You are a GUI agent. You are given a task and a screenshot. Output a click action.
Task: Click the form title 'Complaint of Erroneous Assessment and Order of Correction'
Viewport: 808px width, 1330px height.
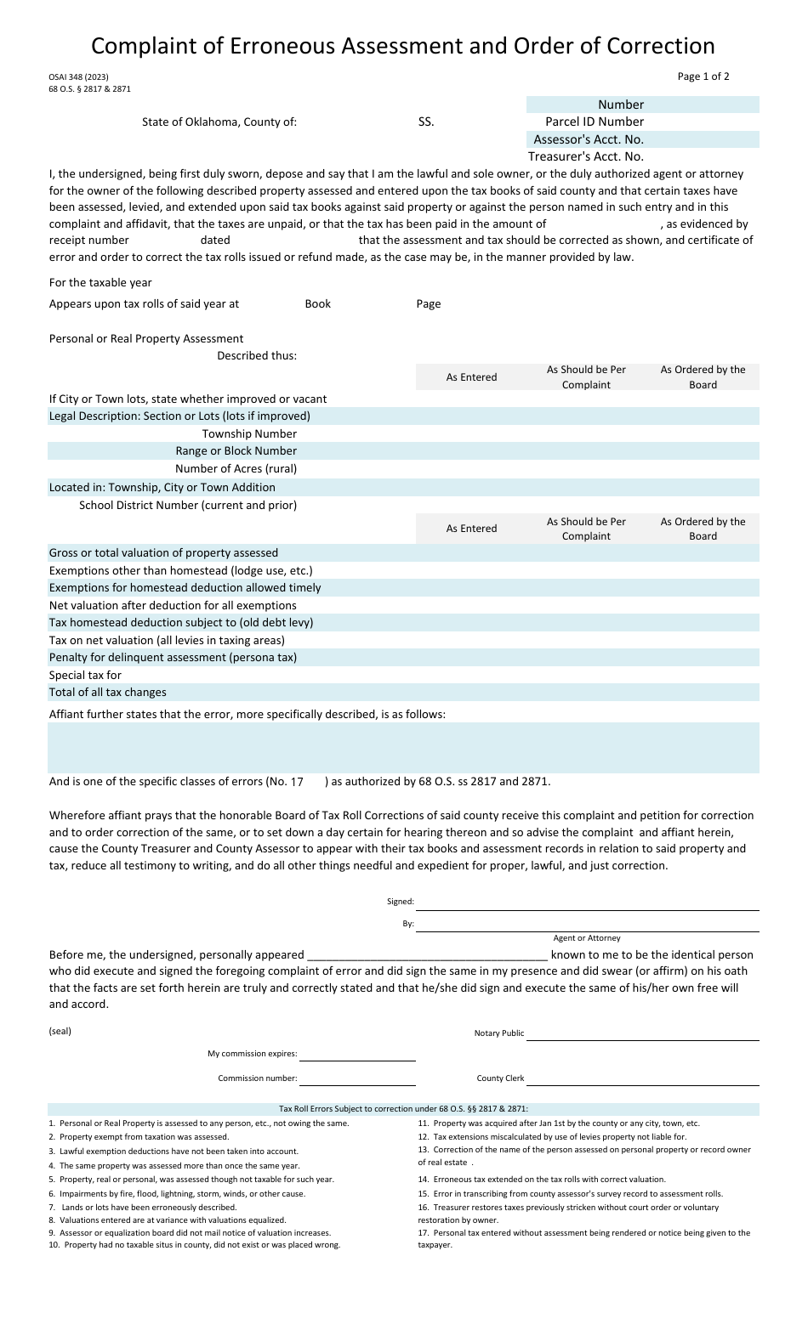[x=403, y=45]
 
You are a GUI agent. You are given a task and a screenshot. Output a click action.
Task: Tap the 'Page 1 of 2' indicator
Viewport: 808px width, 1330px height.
[x=703, y=76]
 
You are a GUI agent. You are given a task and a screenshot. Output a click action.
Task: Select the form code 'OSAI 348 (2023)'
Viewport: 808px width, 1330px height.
[x=78, y=76]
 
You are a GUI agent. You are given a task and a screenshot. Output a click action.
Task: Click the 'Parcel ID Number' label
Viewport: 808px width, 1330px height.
[x=595, y=122]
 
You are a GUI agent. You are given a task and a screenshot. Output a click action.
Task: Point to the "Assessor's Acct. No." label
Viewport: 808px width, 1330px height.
[x=589, y=139]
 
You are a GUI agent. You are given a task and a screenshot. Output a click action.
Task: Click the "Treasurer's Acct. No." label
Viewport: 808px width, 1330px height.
[x=586, y=156]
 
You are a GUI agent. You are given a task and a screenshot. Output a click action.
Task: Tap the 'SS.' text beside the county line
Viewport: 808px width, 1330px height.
[x=426, y=122]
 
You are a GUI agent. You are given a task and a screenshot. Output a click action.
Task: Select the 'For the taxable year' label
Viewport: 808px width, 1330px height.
[x=100, y=282]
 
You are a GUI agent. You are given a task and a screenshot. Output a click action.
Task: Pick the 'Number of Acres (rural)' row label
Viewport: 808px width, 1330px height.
[x=236, y=468]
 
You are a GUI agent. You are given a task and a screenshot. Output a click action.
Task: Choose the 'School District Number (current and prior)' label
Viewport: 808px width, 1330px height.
[x=188, y=505]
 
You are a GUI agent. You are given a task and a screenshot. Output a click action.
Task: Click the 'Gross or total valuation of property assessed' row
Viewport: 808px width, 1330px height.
[x=163, y=552]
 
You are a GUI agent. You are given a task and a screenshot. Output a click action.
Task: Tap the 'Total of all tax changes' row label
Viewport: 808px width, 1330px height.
[x=108, y=692]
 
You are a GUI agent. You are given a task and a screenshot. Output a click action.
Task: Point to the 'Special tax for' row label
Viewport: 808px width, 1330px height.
[x=85, y=675]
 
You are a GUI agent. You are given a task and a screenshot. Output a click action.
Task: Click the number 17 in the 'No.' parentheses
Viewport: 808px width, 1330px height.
[x=297, y=782]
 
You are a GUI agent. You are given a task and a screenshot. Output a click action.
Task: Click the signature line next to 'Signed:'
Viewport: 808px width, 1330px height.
[x=587, y=904]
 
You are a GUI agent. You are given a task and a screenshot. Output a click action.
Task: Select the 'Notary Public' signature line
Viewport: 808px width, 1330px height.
[x=642, y=1034]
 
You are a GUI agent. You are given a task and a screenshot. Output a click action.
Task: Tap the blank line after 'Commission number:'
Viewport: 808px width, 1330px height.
[x=357, y=1079]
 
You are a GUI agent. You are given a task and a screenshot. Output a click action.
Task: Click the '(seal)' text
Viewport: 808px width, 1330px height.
[x=60, y=1031]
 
